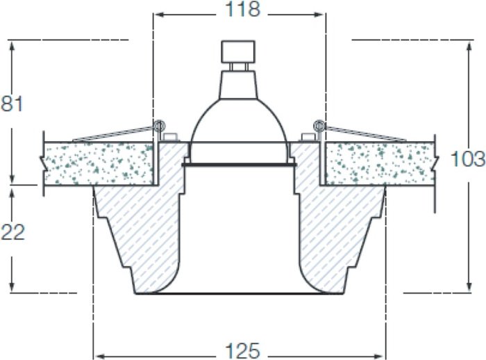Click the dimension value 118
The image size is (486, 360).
243,10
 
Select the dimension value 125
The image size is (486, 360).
243,351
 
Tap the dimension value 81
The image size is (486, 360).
12,104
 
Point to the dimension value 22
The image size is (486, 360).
12,232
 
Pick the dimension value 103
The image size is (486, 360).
468,158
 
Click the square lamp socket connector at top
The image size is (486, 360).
238,51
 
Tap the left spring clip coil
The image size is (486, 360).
159,126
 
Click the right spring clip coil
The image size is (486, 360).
319,126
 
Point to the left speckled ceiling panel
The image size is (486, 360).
99,163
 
